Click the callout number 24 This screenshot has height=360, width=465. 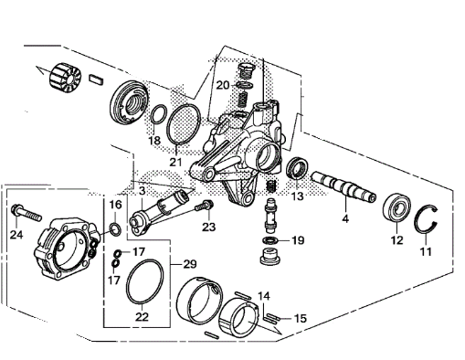16,235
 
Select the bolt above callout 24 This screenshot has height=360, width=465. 26,213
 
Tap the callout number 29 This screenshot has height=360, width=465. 190,264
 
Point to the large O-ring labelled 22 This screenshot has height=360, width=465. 144,281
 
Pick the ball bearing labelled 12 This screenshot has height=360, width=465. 396,208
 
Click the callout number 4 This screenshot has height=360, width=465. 345,218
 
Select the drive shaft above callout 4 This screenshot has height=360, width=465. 343,186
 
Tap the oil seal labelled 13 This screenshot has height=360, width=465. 297,169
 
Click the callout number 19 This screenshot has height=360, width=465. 298,240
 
